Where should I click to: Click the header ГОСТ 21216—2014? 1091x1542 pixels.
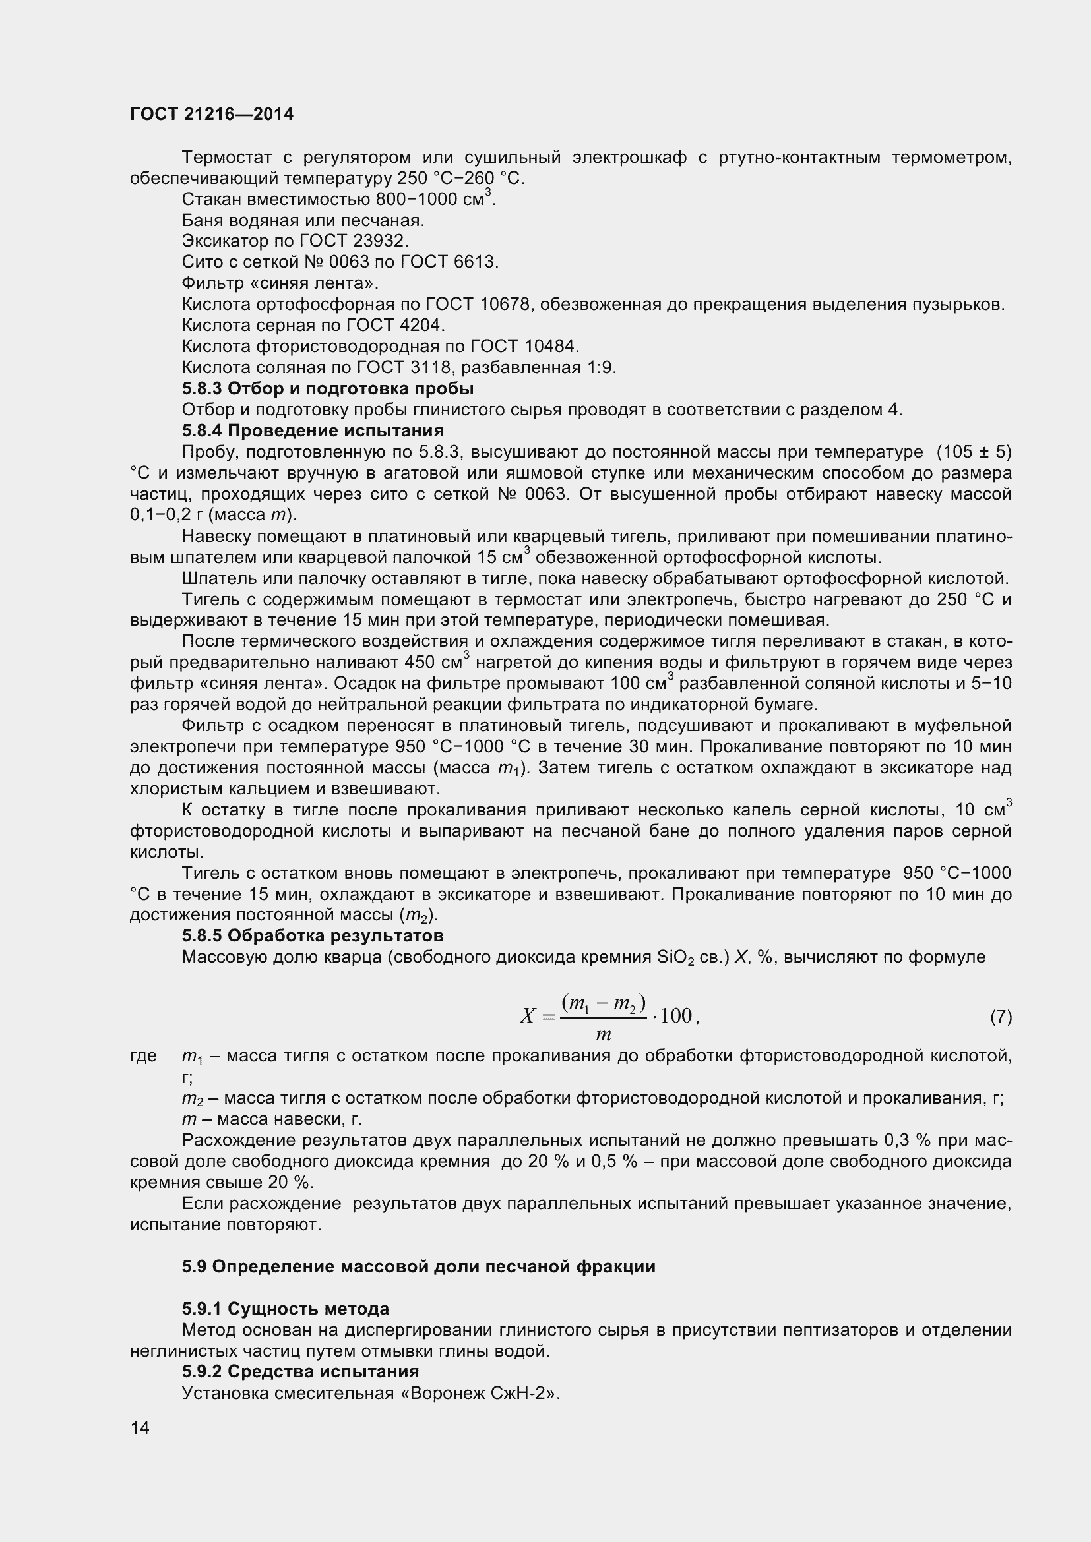212,114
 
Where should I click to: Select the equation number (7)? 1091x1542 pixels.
1001,1017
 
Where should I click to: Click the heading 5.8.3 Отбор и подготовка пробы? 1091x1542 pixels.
328,389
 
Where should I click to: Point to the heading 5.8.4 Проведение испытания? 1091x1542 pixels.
313,430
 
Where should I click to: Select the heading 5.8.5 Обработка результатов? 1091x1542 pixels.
313,935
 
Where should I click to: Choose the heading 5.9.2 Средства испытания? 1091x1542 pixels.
300,1371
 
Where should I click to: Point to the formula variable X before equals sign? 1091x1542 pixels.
528,1016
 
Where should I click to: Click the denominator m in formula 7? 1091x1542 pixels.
603,1035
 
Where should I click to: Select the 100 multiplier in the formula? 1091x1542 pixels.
676,1015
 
